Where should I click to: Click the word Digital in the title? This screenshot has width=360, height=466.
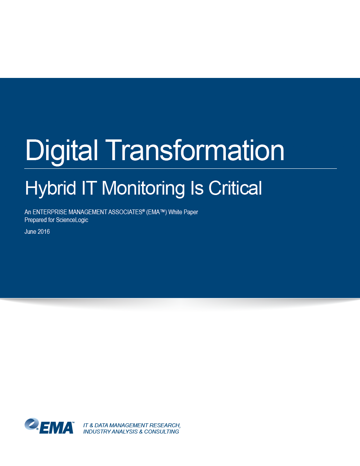pos(62,151)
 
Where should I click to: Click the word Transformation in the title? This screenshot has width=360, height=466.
pos(195,150)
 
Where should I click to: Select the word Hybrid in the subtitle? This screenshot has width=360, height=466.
pos(50,189)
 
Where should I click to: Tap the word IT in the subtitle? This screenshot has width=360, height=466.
pos(89,188)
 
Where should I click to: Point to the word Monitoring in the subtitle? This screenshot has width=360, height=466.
pos(143,189)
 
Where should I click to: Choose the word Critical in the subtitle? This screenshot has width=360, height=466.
pos(235,188)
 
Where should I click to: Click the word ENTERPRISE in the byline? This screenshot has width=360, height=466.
pos(50,212)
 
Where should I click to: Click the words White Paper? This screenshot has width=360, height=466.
pos(183,212)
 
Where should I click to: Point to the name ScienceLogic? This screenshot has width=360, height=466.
pos(72,220)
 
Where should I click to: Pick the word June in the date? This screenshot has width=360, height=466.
pos(30,231)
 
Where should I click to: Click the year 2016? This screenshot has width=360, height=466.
pos(44,231)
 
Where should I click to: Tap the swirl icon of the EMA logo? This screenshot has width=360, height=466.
pos(32,424)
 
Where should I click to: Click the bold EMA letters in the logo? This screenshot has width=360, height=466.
pos(56,428)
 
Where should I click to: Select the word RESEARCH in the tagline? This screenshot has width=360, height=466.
pos(165,425)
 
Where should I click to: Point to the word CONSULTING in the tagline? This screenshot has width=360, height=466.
pos(162,432)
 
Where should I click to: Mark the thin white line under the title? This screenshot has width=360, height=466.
pos(181,168)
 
